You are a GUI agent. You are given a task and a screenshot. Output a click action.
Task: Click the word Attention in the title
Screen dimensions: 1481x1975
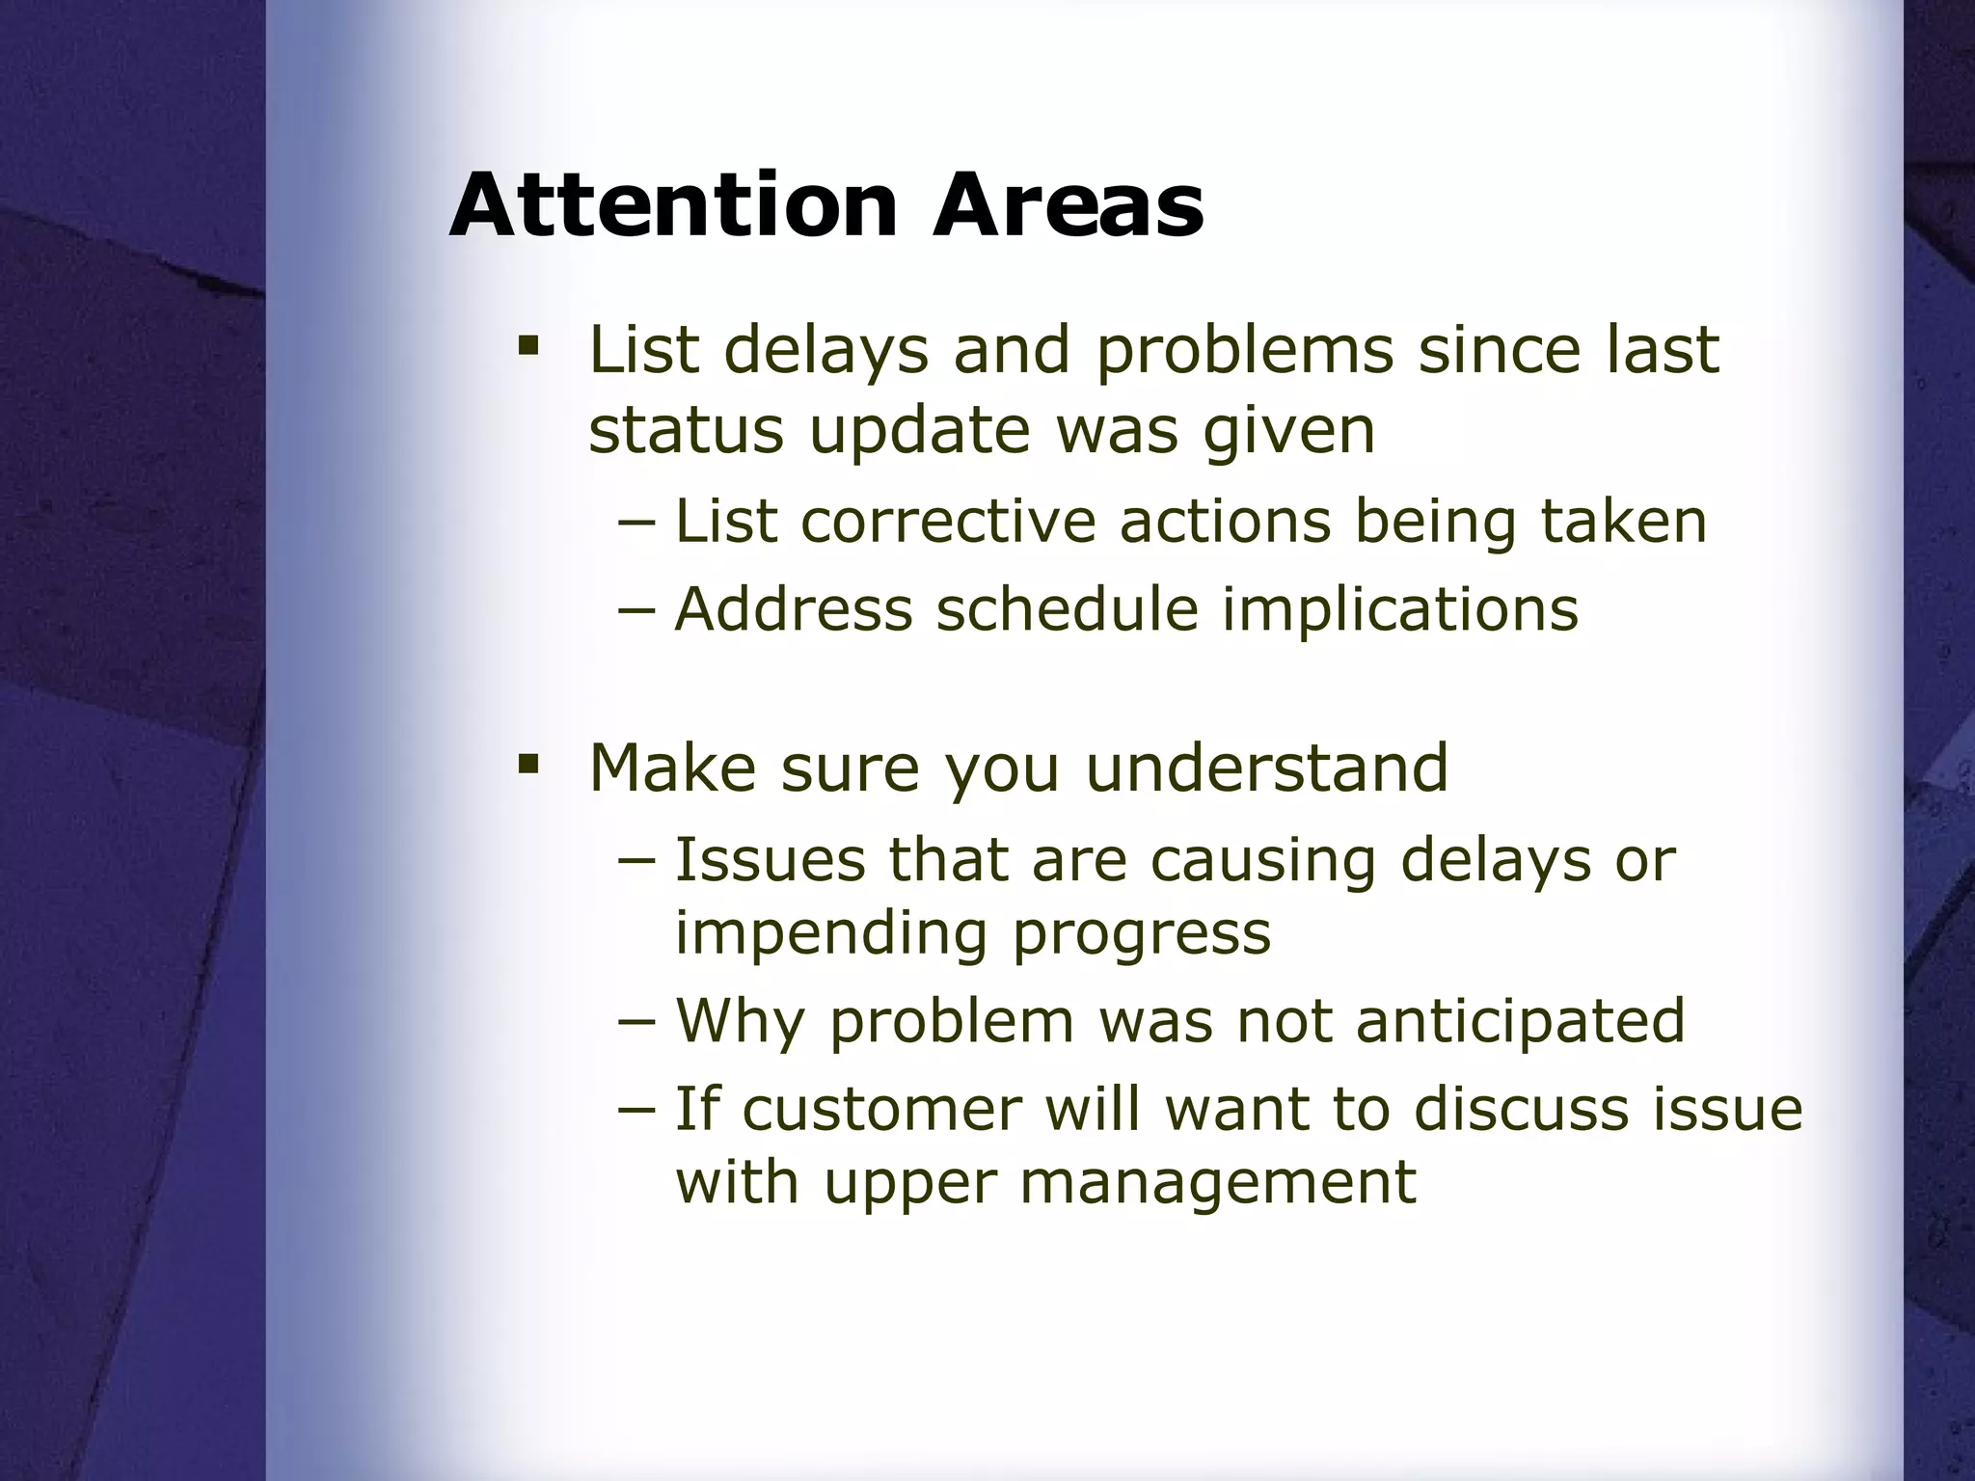pyautogui.click(x=673, y=205)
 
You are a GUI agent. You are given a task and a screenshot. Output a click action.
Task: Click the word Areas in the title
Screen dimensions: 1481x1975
pyautogui.click(x=1068, y=205)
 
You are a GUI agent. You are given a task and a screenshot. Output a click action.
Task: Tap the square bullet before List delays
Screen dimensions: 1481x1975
pyautogui.click(x=527, y=344)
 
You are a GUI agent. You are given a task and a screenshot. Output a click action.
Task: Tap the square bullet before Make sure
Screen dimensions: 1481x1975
pyautogui.click(x=527, y=765)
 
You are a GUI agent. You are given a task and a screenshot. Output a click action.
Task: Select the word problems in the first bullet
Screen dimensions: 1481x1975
pyautogui.click(x=1244, y=351)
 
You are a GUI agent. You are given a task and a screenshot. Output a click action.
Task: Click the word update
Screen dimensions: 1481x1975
pyautogui.click(x=920, y=431)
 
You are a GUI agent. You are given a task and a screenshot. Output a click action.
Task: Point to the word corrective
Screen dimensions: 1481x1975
pyautogui.click(x=948, y=522)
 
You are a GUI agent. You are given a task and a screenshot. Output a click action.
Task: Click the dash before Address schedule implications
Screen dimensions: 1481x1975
pyautogui.click(x=636, y=610)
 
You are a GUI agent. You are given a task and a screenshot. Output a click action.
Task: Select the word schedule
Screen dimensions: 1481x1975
pyautogui.click(x=1068, y=610)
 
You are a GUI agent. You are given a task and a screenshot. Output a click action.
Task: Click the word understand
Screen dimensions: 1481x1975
pyautogui.click(x=1266, y=768)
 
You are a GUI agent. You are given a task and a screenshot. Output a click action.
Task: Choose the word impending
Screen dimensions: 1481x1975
pyautogui.click(x=831, y=935)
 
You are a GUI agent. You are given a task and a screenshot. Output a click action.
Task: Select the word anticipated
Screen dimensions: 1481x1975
pyautogui.click(x=1520, y=1022)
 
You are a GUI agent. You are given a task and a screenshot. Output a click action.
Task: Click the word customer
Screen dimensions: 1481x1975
pyautogui.click(x=881, y=1110)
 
